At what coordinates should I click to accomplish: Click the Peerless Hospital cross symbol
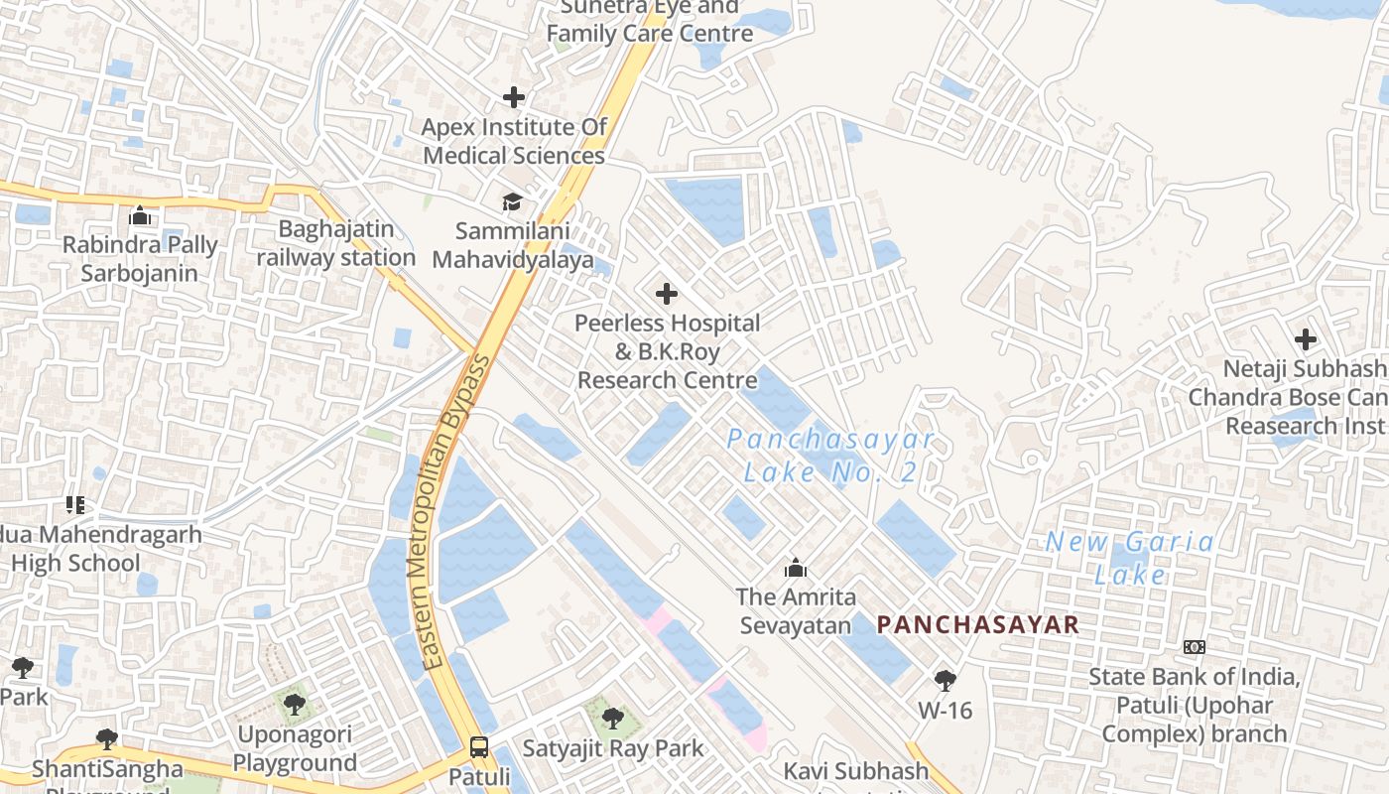pos(667,294)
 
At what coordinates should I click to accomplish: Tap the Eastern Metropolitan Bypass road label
pos(455,511)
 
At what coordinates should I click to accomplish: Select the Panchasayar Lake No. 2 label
pos(830,456)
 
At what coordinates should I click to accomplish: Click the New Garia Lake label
pos(1130,558)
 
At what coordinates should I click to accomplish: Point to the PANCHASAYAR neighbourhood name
pos(978,624)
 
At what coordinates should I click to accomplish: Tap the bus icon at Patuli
pos(479,746)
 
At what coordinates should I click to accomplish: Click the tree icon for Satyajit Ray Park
pos(613,718)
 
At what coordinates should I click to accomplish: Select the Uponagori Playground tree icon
pos(294,705)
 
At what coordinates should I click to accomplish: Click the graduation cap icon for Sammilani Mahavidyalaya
pos(512,202)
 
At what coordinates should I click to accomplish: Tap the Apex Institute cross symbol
pos(514,97)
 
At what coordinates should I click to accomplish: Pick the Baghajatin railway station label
pos(336,243)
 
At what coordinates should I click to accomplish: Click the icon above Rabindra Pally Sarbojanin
pos(140,215)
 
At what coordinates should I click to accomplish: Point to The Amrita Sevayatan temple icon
pos(795,568)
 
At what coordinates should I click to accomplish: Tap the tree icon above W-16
pos(945,681)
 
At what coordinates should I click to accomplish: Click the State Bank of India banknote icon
pos(1195,647)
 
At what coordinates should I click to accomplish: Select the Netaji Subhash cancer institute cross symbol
pos(1306,339)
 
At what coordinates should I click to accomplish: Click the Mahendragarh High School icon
pos(74,505)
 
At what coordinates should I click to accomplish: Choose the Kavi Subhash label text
pos(856,771)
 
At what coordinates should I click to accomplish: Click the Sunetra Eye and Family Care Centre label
pos(650,20)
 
